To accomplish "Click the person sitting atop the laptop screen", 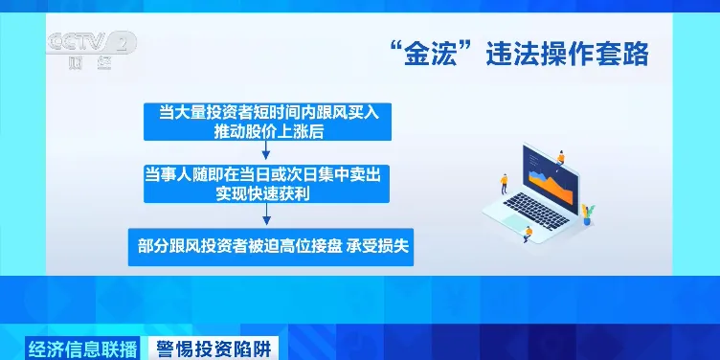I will tap(559, 157).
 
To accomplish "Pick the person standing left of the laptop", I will tap(503, 181).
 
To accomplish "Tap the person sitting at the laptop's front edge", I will tap(528, 230).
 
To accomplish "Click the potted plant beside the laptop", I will tap(587, 213).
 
